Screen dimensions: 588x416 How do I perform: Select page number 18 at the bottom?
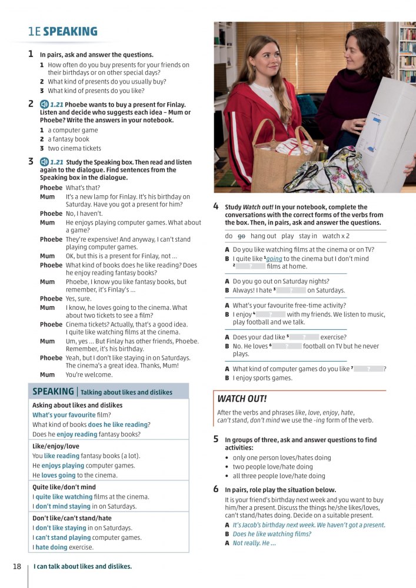click(x=16, y=566)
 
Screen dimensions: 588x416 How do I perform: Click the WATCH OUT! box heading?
click(x=242, y=399)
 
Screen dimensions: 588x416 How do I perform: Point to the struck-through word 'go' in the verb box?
click(x=241, y=236)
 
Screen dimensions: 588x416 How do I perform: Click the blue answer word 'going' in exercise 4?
click(x=274, y=258)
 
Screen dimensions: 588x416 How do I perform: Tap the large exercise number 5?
click(x=216, y=439)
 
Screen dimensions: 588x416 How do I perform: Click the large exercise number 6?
click(x=216, y=489)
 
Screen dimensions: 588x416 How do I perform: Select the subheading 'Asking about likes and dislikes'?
click(x=77, y=405)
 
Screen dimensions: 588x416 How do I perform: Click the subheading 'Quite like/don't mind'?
click(x=64, y=487)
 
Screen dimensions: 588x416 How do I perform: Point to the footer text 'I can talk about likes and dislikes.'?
click(x=82, y=566)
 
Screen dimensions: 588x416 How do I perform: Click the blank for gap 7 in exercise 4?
click(x=368, y=369)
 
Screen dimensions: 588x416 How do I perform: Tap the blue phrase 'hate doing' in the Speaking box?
click(x=51, y=547)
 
